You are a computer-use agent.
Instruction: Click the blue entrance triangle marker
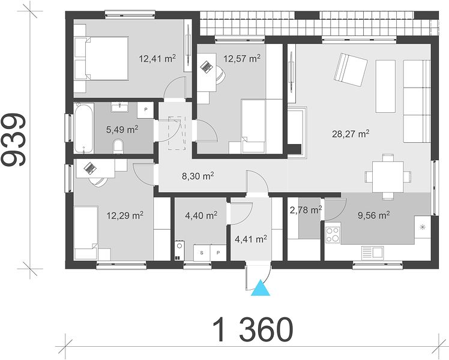click(261, 288)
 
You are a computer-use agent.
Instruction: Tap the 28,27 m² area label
click(351, 134)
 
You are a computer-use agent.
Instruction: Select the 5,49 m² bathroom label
click(122, 130)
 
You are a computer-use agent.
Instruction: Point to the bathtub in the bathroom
click(83, 128)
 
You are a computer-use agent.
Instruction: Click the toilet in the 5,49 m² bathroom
click(118, 146)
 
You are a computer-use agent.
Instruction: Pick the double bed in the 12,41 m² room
click(101, 58)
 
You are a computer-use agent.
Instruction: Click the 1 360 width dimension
click(253, 329)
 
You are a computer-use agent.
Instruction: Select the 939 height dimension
click(13, 139)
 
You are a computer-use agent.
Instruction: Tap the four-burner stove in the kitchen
click(333, 235)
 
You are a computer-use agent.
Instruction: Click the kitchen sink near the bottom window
click(372, 253)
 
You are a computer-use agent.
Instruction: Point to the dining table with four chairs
click(388, 176)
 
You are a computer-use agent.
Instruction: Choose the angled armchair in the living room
click(351, 70)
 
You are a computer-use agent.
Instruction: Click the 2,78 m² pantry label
click(306, 210)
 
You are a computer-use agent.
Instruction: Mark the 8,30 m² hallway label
click(198, 176)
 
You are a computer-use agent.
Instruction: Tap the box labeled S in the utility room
click(202, 253)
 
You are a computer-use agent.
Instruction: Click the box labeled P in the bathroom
click(146, 110)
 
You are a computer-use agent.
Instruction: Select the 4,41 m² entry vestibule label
click(251, 239)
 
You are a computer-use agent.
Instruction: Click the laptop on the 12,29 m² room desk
click(90, 168)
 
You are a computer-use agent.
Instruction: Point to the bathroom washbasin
click(119, 107)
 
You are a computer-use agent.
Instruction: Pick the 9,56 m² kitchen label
click(374, 215)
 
